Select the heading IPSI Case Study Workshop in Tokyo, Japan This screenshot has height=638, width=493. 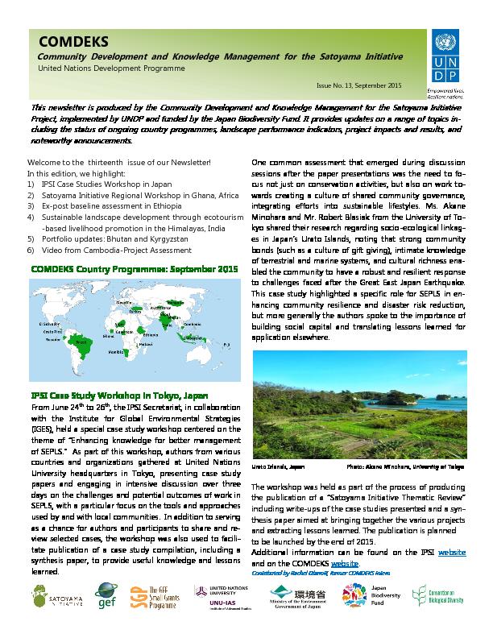[118, 396]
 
